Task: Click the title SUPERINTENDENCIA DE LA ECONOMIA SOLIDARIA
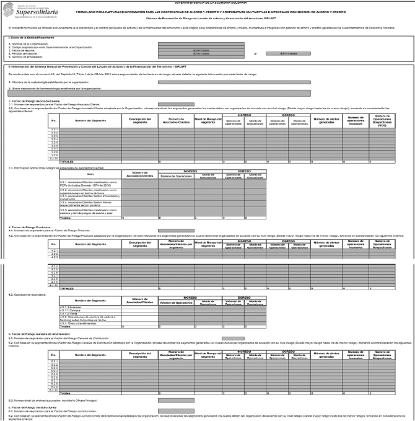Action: [207, 2]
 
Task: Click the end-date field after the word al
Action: [288, 53]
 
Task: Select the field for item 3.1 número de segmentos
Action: [176, 104]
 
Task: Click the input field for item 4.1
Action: [176, 230]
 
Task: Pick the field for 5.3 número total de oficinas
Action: [176, 401]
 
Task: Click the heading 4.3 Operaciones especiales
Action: [25, 293]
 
